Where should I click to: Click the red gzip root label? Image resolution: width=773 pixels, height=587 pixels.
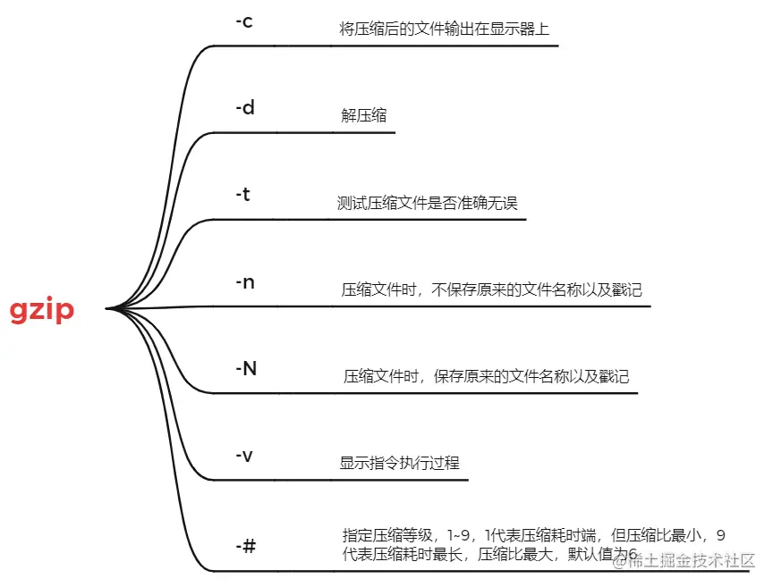[x=42, y=310]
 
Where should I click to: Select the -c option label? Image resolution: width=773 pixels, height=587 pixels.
[x=243, y=21]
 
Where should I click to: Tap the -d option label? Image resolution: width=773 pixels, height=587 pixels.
[x=245, y=108]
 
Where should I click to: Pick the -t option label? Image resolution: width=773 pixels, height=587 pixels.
[x=242, y=195]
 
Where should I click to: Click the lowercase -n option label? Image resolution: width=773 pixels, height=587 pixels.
[x=245, y=282]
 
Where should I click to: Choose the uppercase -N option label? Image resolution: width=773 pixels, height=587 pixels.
[x=246, y=368]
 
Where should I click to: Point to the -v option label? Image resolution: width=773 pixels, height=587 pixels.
[x=243, y=455]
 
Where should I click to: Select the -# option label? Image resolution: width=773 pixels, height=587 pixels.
[x=245, y=543]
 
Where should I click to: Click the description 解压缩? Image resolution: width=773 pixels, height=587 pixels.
[x=364, y=116]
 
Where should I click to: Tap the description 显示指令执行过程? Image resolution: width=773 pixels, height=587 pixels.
[x=399, y=463]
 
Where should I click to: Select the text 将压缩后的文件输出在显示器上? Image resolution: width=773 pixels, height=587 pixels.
[x=445, y=29]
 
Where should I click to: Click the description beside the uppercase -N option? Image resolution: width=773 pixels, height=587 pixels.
[x=487, y=376]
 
